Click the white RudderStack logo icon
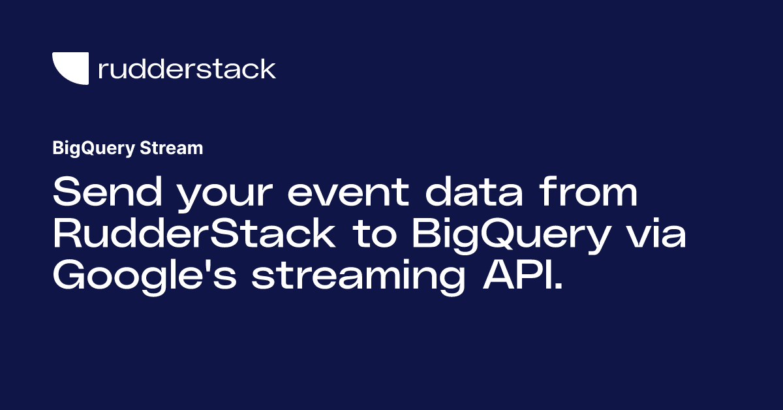[69, 69]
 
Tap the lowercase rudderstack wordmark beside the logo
[187, 69]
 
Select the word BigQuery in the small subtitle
[93, 149]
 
